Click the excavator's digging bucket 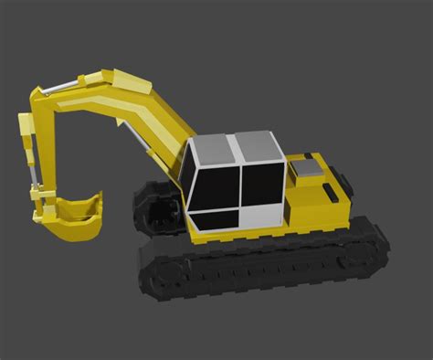pos(77,217)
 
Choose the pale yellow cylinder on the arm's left pos(27,137)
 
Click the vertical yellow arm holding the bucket pos(43,146)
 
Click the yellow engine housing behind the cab pos(315,196)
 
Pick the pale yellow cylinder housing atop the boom pos(119,79)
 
